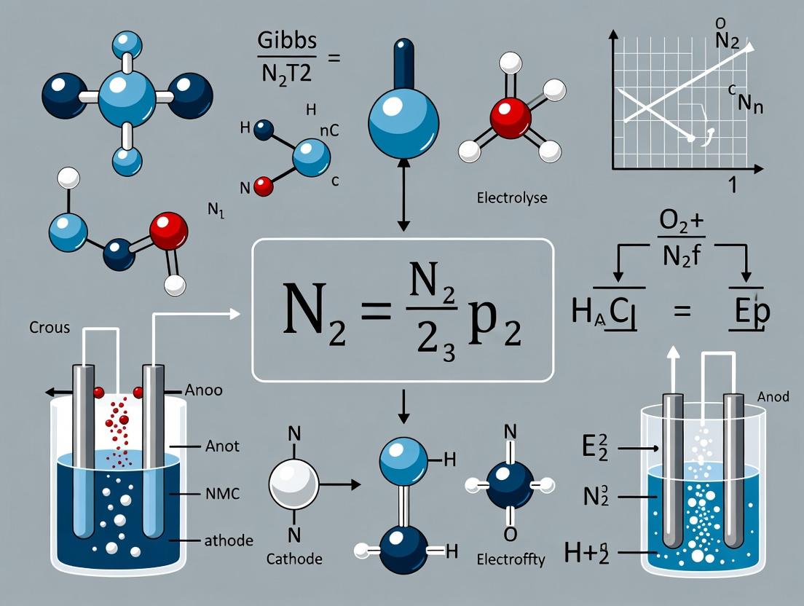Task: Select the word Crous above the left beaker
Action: coord(50,327)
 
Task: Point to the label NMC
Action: coord(218,495)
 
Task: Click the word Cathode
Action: coord(293,559)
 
